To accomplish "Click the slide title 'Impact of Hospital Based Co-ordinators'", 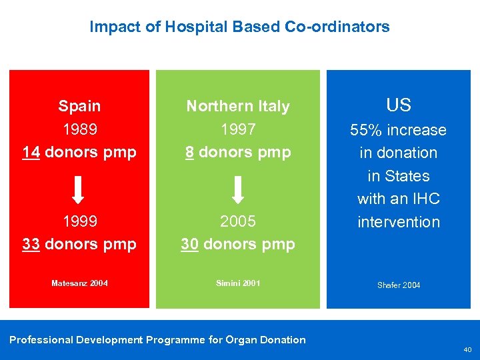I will pos(239,27).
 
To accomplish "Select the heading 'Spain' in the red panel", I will pos(79,106).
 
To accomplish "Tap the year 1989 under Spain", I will pos(79,129).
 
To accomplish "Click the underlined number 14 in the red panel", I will pos(30,152).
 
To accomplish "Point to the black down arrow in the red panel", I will pos(78,189).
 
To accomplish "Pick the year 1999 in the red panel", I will pos(79,221).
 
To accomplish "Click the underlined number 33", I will pos(31,244).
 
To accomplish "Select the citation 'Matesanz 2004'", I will pos(79,283).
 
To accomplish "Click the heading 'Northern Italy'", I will pos(238,107).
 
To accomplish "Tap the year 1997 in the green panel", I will pos(238,129).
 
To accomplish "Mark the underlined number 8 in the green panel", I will pos(189,152).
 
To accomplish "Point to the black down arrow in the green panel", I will pos(238,189).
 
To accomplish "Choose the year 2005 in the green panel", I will pos(238,221).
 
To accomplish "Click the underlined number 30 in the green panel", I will pos(189,244).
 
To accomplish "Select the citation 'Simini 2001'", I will pos(238,283).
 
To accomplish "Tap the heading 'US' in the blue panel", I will pos(399,105).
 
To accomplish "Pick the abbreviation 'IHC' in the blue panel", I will pos(426,199).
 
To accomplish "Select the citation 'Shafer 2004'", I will pos(399,285).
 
